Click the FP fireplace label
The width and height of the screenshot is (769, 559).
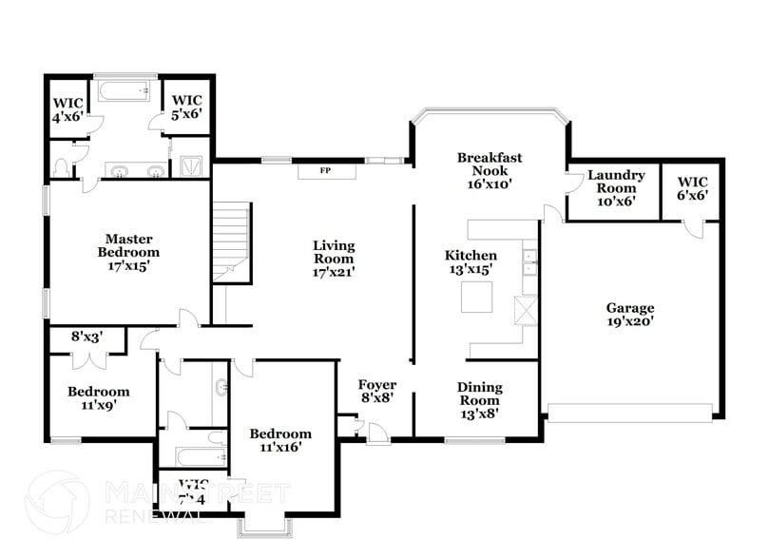tap(325, 171)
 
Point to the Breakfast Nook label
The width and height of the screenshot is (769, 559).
tap(490, 171)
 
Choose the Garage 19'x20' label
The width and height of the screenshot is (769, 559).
tap(630, 315)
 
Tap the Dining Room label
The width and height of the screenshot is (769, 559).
tap(479, 400)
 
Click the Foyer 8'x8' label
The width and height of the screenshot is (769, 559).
tap(376, 392)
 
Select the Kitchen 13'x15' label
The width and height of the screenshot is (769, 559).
tap(471, 262)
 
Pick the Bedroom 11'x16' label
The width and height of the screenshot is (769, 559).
tap(279, 440)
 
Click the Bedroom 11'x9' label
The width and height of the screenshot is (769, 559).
tap(98, 397)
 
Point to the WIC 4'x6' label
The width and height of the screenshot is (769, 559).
tap(67, 109)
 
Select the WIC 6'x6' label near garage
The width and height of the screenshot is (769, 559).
tap(691, 188)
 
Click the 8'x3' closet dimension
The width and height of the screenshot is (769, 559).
tap(87, 336)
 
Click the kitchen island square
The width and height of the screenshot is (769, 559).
tap(478, 298)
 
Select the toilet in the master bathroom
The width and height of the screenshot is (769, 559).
tap(62, 168)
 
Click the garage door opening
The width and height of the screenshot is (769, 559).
tap(629, 413)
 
